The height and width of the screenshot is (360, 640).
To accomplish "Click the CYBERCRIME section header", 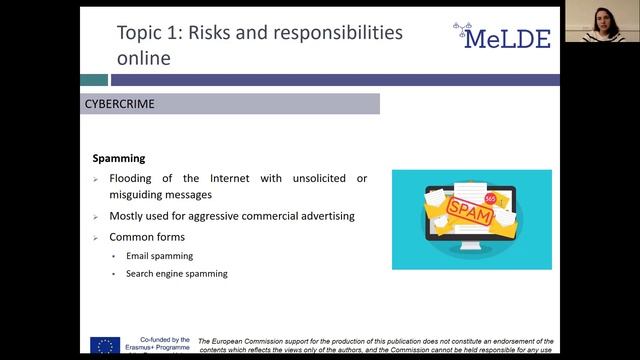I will tap(120, 103).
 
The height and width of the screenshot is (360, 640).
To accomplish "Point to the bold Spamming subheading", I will tap(119, 158).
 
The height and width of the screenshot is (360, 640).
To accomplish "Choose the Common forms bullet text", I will tap(148, 237).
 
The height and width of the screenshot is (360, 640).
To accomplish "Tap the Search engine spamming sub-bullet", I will tap(176, 273).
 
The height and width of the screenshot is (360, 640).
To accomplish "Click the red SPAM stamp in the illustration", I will tap(470, 211).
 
